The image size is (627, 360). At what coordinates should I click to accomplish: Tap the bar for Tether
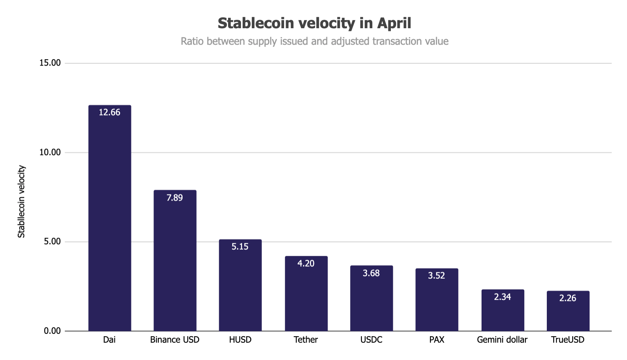[306, 298]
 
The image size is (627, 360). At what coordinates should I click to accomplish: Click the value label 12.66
[110, 112]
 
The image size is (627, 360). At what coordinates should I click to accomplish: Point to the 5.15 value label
[240, 246]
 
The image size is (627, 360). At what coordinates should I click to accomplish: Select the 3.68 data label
[371, 273]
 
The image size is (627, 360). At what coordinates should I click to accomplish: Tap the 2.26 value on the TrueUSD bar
[568, 298]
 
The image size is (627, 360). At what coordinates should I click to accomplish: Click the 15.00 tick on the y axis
[50, 63]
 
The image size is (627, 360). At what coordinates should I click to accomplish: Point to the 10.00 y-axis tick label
[50, 152]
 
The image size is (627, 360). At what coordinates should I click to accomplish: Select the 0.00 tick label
[52, 331]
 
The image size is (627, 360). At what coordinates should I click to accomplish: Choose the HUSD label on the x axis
[240, 340]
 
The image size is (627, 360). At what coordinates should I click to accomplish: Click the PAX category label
[437, 340]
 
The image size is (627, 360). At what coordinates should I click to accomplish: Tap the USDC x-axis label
[371, 340]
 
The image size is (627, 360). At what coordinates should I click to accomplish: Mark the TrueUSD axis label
[568, 340]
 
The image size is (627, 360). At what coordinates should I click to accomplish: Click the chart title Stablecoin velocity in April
[314, 23]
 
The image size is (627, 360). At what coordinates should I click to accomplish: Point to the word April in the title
[394, 23]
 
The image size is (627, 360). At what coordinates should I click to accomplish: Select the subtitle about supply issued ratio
[314, 41]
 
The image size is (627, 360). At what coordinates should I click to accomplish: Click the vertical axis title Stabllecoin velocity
[21, 201]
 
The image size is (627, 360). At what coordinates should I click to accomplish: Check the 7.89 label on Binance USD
[175, 198]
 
